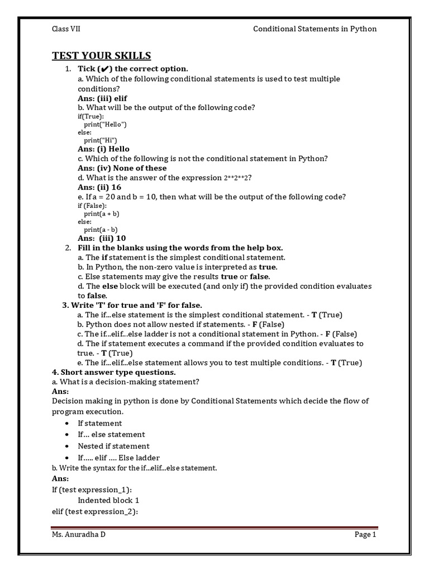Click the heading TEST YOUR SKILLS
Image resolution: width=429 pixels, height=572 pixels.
101,55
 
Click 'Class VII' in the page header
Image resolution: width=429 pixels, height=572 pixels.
66,29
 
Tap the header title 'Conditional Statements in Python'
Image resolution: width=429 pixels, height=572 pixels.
315,29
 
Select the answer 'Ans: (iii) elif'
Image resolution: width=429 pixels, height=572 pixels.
102,98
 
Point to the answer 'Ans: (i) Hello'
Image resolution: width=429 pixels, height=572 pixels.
103,149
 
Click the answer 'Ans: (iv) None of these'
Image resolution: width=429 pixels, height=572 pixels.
122,168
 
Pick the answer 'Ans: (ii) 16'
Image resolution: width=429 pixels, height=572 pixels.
99,187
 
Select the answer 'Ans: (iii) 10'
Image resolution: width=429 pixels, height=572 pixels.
102,238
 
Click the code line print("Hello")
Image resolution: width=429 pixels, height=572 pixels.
106,124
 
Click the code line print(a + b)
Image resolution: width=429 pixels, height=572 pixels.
102,213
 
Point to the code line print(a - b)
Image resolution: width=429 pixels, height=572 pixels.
101,229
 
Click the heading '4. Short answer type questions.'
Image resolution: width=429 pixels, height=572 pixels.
113,372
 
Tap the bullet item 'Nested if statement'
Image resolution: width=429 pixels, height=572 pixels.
113,446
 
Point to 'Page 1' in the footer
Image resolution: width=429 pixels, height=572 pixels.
365,535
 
